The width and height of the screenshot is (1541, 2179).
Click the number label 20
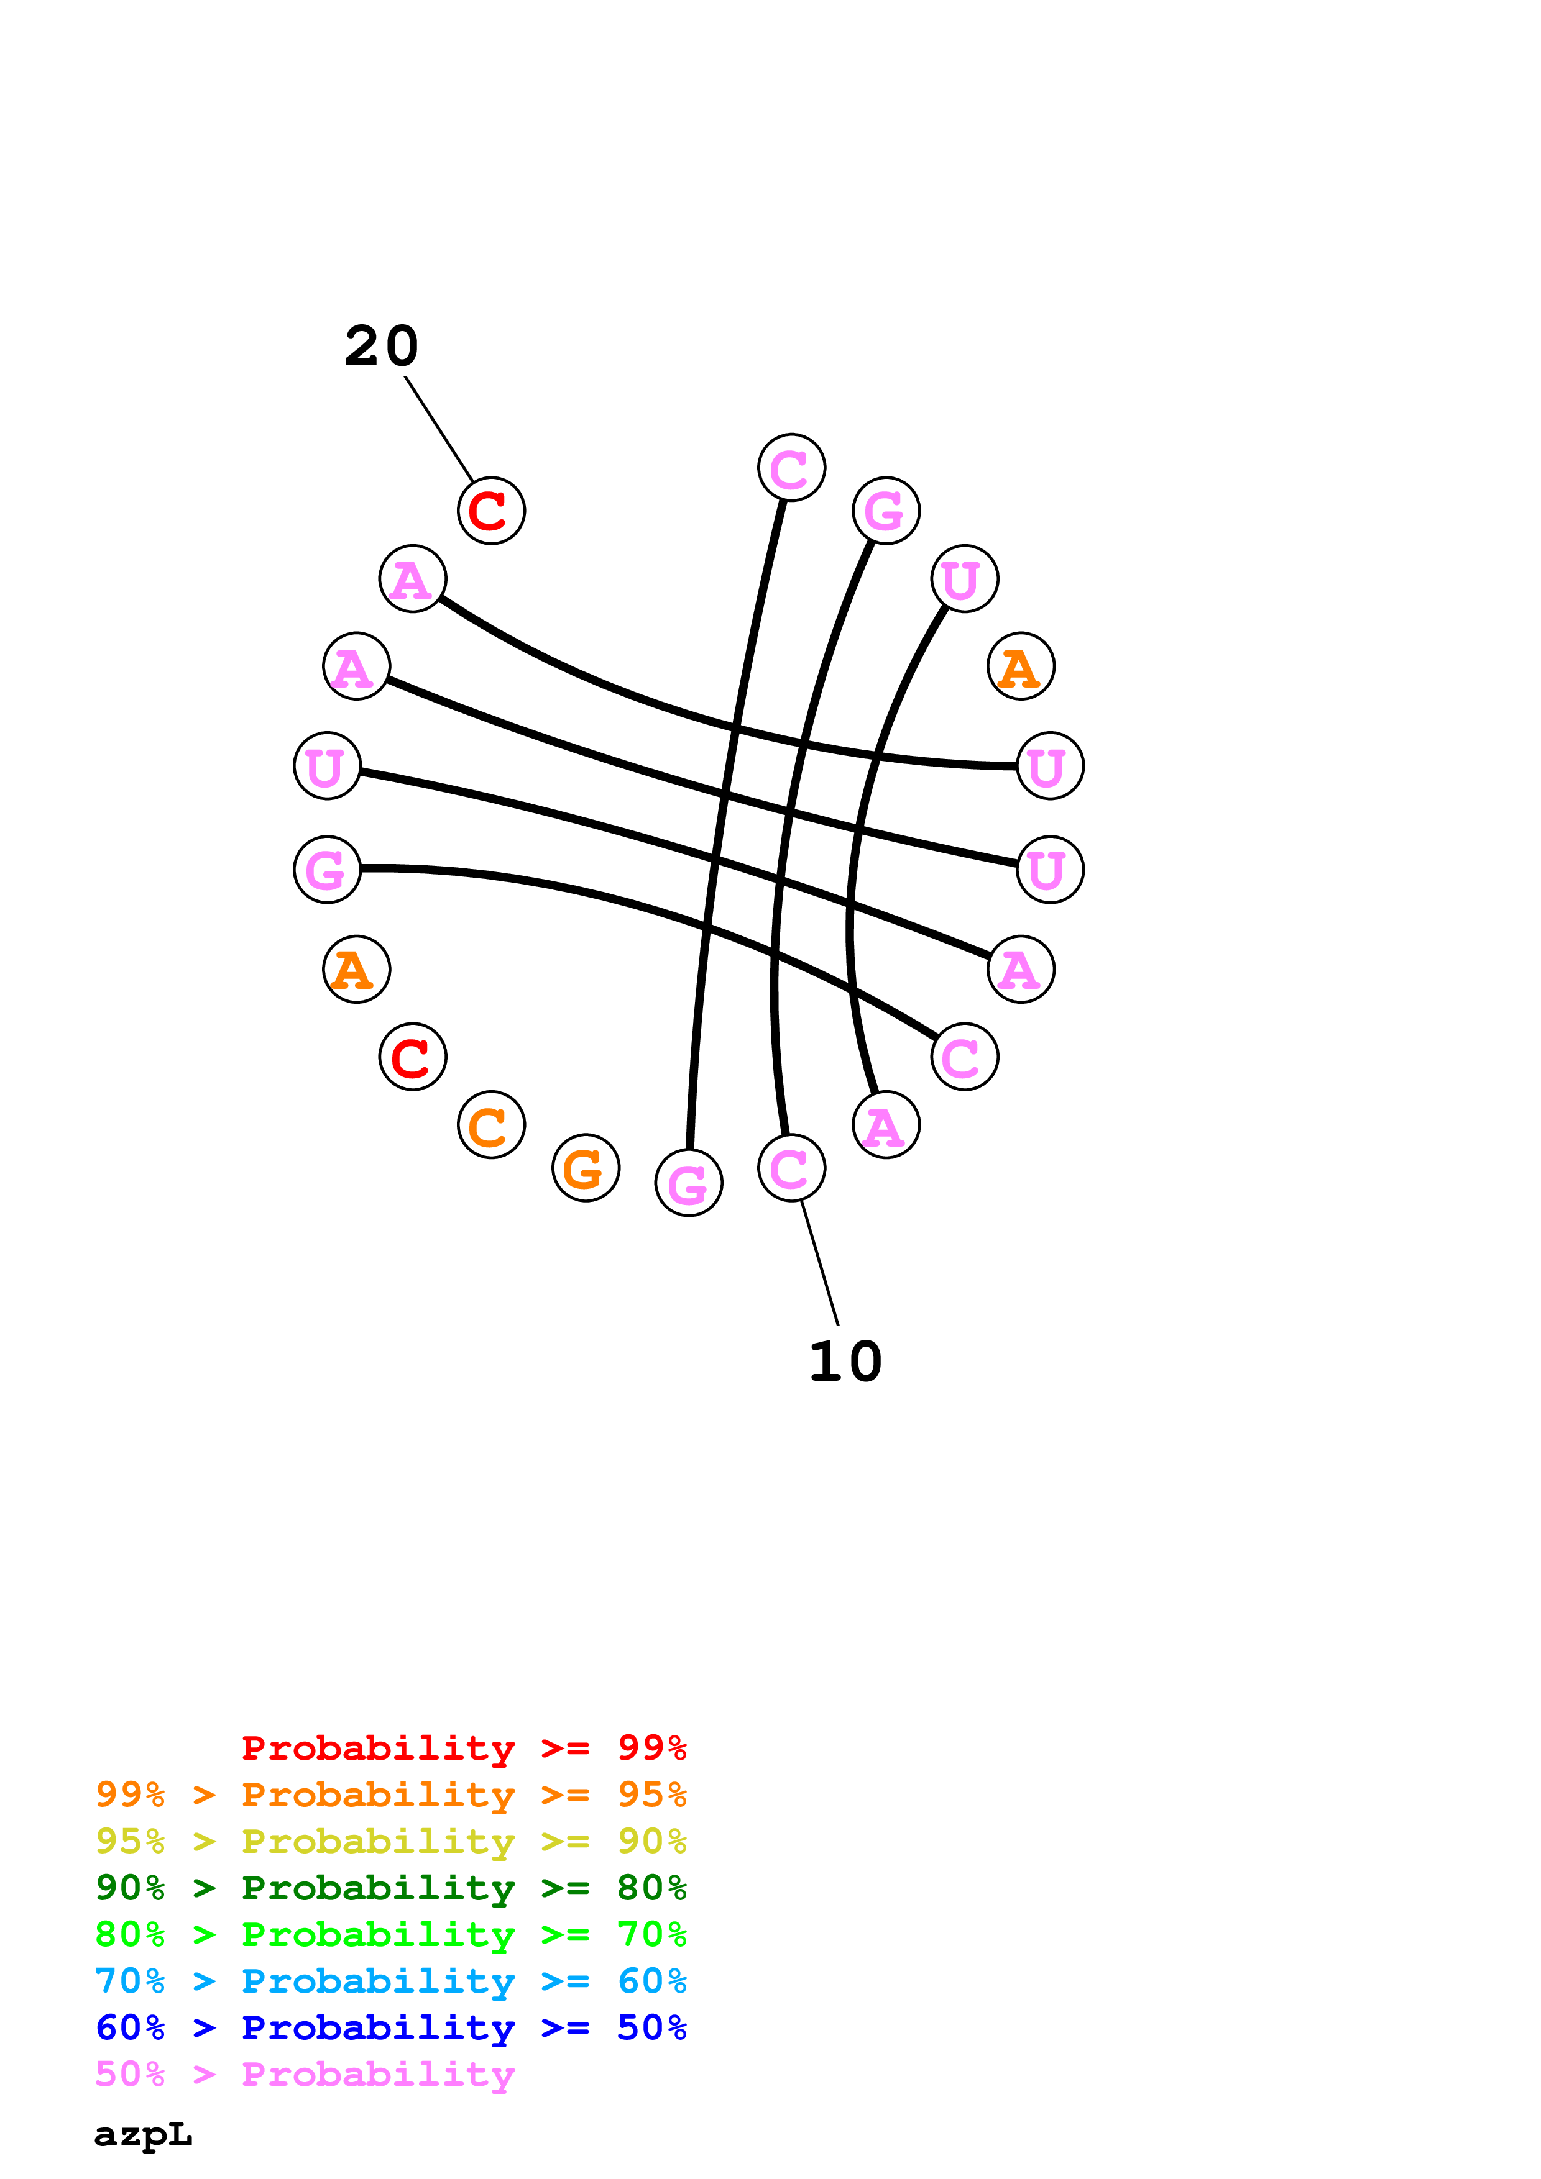[x=380, y=347]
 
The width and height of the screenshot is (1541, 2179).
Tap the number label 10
[x=844, y=1362]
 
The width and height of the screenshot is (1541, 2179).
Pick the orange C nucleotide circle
[x=491, y=1125]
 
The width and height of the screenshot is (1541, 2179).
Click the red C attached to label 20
[x=491, y=511]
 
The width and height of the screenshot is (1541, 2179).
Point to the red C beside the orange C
[x=412, y=1057]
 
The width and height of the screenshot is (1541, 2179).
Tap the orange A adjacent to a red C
[x=356, y=969]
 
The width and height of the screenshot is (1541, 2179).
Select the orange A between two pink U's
[x=1021, y=666]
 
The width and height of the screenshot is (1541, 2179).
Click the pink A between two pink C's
[x=886, y=1125]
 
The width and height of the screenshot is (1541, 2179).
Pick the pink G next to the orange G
[x=688, y=1183]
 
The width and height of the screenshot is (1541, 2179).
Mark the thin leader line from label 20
[x=439, y=429]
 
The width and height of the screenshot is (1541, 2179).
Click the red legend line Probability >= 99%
[x=463, y=1748]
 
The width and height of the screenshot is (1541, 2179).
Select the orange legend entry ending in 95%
[x=390, y=1795]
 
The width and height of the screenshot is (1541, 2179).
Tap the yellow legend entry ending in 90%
[x=390, y=1841]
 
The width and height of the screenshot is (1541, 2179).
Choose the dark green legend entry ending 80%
[x=390, y=1888]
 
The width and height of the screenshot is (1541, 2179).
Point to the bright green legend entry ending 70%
[x=390, y=1934]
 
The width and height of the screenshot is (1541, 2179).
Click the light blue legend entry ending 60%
[x=390, y=1981]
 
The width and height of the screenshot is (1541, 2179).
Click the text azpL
[x=142, y=2134]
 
